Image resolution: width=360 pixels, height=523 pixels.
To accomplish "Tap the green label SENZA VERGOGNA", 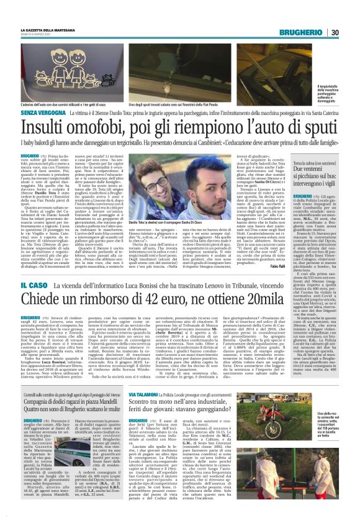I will [x=42, y=106].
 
